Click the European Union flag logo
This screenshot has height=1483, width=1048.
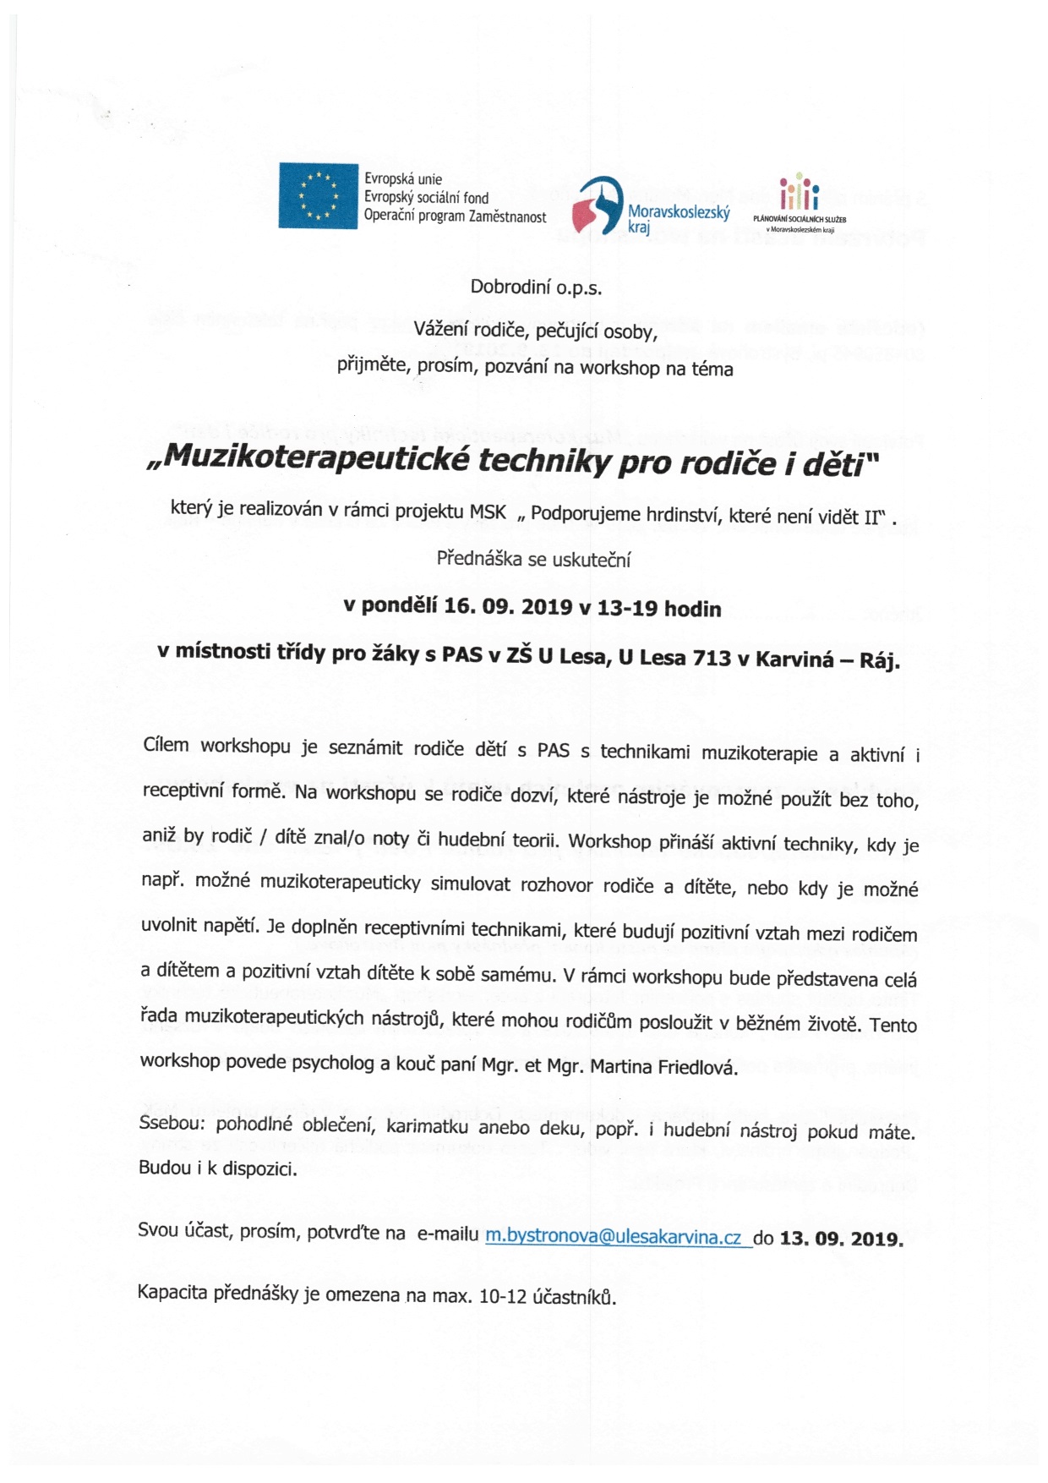point(318,197)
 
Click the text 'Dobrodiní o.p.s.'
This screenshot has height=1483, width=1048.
point(536,287)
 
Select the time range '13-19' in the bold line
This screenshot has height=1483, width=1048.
point(629,608)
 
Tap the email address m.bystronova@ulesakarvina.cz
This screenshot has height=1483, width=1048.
point(614,1237)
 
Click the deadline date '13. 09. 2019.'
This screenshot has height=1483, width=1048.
point(841,1239)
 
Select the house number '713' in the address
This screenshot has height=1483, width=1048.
point(711,657)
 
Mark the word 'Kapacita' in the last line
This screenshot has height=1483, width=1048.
point(172,1292)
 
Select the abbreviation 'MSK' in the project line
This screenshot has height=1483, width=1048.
point(488,512)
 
